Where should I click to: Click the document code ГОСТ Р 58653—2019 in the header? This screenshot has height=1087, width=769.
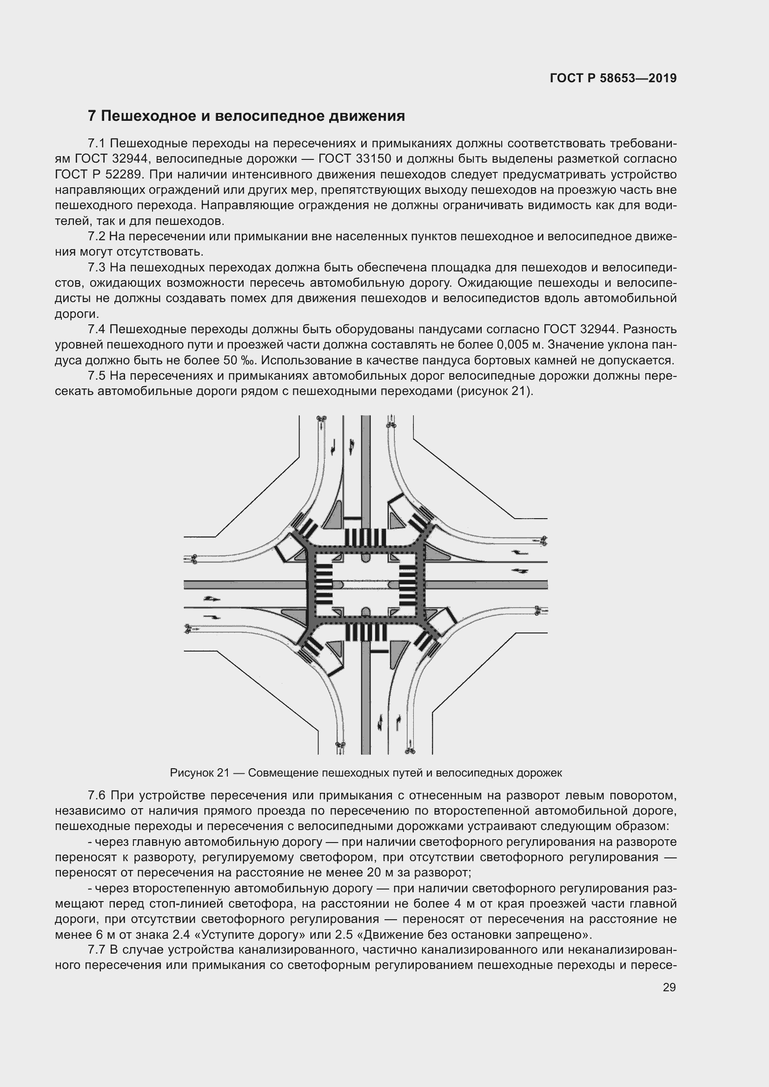(613, 78)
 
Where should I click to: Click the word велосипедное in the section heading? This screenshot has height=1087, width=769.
(266, 116)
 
